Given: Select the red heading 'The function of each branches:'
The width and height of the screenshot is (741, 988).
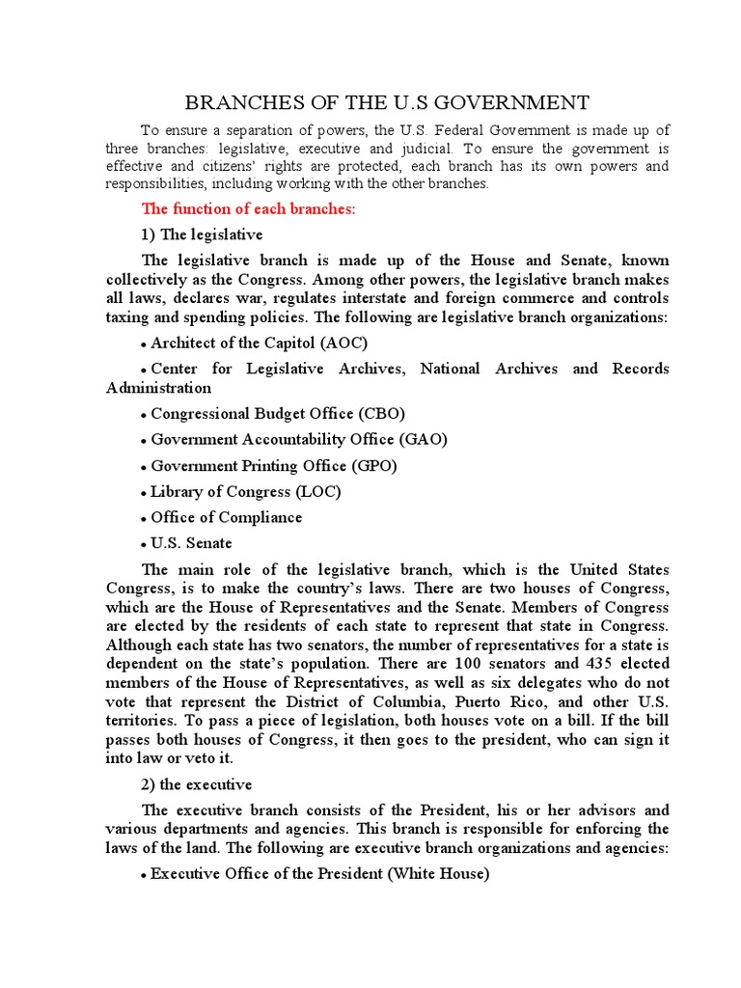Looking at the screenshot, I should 249,209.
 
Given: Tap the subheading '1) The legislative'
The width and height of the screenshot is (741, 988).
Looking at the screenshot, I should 202,234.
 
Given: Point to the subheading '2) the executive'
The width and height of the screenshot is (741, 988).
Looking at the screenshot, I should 197,784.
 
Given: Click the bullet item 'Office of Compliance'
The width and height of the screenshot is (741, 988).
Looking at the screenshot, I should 226,517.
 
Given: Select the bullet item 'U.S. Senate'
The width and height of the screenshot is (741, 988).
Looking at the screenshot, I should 191,543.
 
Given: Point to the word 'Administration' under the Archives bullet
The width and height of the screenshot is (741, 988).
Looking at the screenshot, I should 158,388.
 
